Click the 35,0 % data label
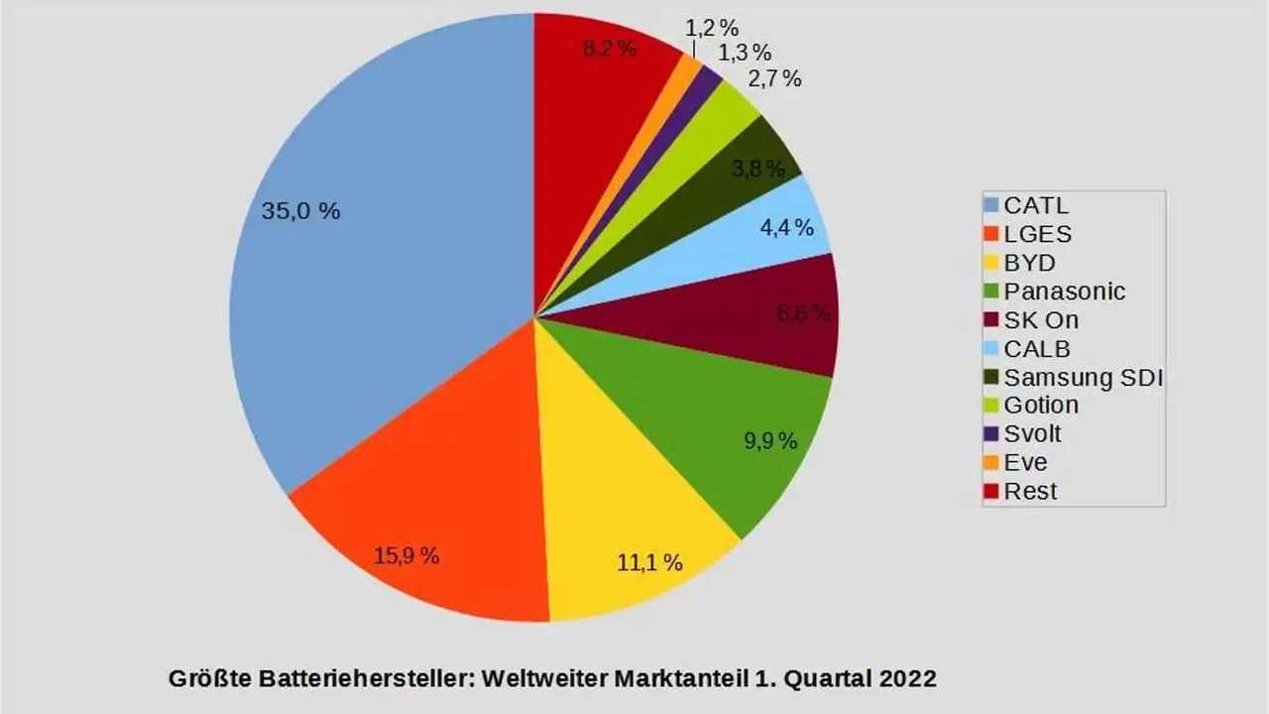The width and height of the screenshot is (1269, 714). click(x=300, y=211)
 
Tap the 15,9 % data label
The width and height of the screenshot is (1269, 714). click(x=406, y=556)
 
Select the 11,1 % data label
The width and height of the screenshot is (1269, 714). click(x=649, y=563)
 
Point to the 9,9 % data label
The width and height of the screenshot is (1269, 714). click(x=771, y=441)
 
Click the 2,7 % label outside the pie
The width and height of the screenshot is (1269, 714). click(x=774, y=79)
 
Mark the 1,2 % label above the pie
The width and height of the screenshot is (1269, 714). click(x=712, y=29)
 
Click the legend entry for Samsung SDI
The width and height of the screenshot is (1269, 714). click(x=1083, y=378)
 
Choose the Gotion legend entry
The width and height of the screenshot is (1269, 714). click(x=1041, y=406)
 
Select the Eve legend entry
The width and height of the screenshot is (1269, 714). click(x=1025, y=463)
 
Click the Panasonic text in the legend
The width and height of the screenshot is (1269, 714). click(x=1065, y=292)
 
